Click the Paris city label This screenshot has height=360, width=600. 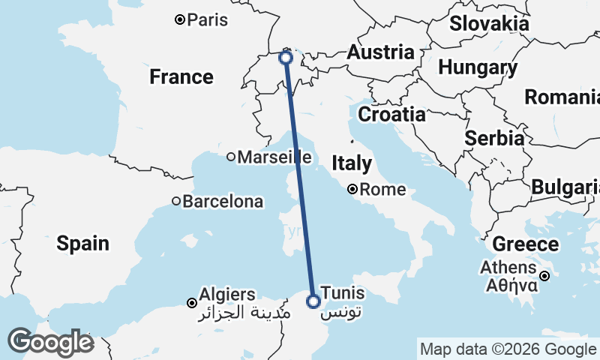[x=208, y=20]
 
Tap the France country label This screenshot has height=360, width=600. [x=181, y=76]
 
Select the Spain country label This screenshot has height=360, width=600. [x=82, y=243]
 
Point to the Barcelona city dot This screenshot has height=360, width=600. [x=176, y=201]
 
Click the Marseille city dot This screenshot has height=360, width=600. [x=231, y=157]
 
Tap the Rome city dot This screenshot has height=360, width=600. [x=352, y=190]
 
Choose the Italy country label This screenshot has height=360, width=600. [x=352, y=163]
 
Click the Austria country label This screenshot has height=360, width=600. [x=380, y=52]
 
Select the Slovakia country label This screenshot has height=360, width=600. [x=489, y=23]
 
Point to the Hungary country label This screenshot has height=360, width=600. [x=478, y=68]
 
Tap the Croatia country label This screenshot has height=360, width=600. [x=391, y=115]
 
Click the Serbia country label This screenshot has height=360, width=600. [x=493, y=138]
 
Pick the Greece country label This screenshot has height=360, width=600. [x=526, y=244]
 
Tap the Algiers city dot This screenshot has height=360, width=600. [x=192, y=303]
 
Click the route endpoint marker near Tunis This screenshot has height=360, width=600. [x=313, y=301]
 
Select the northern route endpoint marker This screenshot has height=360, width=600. [x=286, y=57]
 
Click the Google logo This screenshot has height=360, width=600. [x=50, y=342]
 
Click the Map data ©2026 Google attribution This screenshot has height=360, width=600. [x=508, y=349]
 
